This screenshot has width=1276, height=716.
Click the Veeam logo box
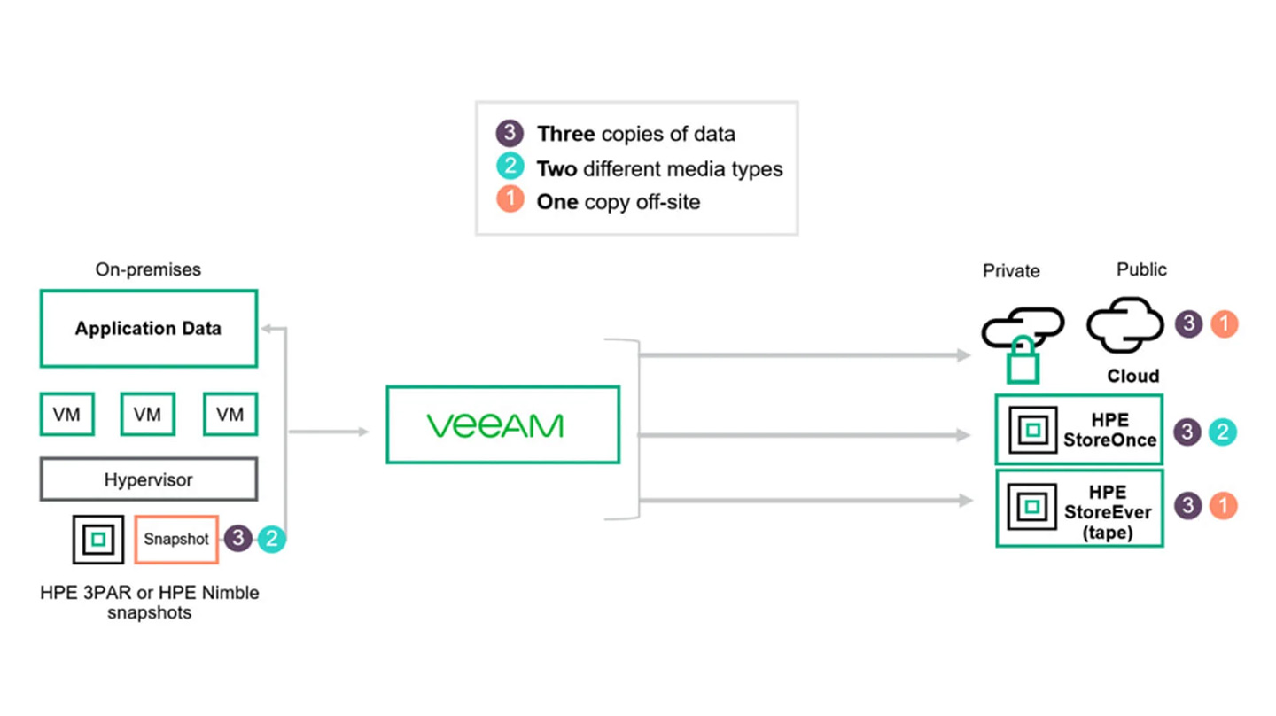(x=502, y=424)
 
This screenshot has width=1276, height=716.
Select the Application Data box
(x=149, y=329)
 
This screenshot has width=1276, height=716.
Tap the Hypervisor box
(x=149, y=479)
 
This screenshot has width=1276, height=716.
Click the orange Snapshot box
(x=176, y=539)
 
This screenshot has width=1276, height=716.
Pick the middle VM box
(x=147, y=415)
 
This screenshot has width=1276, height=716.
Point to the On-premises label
(x=148, y=269)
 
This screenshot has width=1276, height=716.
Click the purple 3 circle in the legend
(x=510, y=134)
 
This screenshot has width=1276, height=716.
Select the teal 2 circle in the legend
(x=510, y=167)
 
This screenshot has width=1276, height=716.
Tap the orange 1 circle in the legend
(x=510, y=201)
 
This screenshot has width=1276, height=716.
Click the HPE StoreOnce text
(x=1122, y=430)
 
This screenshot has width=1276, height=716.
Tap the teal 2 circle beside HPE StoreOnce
(x=1223, y=432)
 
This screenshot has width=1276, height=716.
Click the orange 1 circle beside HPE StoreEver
(x=1223, y=506)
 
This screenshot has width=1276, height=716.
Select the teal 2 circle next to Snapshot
(x=272, y=539)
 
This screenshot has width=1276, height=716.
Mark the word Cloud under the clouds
(x=1132, y=376)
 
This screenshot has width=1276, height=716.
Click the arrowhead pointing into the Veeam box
(x=362, y=432)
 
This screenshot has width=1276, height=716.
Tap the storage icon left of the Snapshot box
(x=98, y=539)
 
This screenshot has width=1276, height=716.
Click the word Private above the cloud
(x=1011, y=271)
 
